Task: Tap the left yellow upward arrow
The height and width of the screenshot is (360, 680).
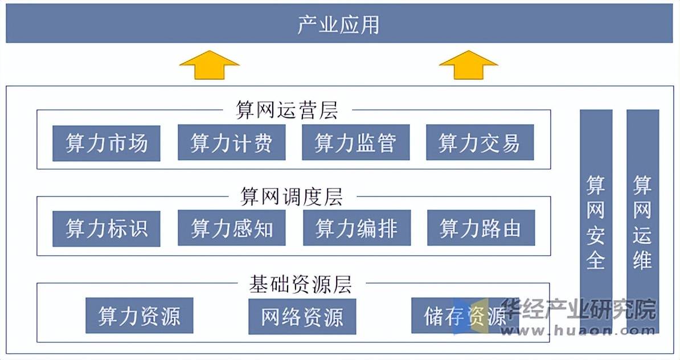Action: coord(209,64)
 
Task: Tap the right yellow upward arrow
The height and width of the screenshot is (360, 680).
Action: coord(468,64)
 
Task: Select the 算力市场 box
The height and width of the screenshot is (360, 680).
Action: coord(106,143)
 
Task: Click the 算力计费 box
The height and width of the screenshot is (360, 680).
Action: coord(231,143)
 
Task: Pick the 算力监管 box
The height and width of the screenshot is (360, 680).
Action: coord(355,143)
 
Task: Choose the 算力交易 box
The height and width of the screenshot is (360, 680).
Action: coord(480,143)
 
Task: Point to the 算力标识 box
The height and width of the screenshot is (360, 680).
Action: coord(106,228)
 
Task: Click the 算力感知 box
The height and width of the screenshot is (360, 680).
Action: coord(232,228)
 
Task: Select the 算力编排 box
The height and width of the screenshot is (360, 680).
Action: coord(357,228)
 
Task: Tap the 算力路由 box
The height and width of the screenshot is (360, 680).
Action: coord(481,228)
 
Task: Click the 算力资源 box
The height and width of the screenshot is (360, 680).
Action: coord(140,316)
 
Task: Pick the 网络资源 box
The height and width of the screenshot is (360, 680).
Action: coord(302,316)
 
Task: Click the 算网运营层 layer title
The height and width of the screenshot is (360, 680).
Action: coord(287,111)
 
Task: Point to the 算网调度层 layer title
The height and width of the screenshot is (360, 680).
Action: coord(292,197)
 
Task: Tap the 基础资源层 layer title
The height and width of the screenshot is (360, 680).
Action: coord(300,284)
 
